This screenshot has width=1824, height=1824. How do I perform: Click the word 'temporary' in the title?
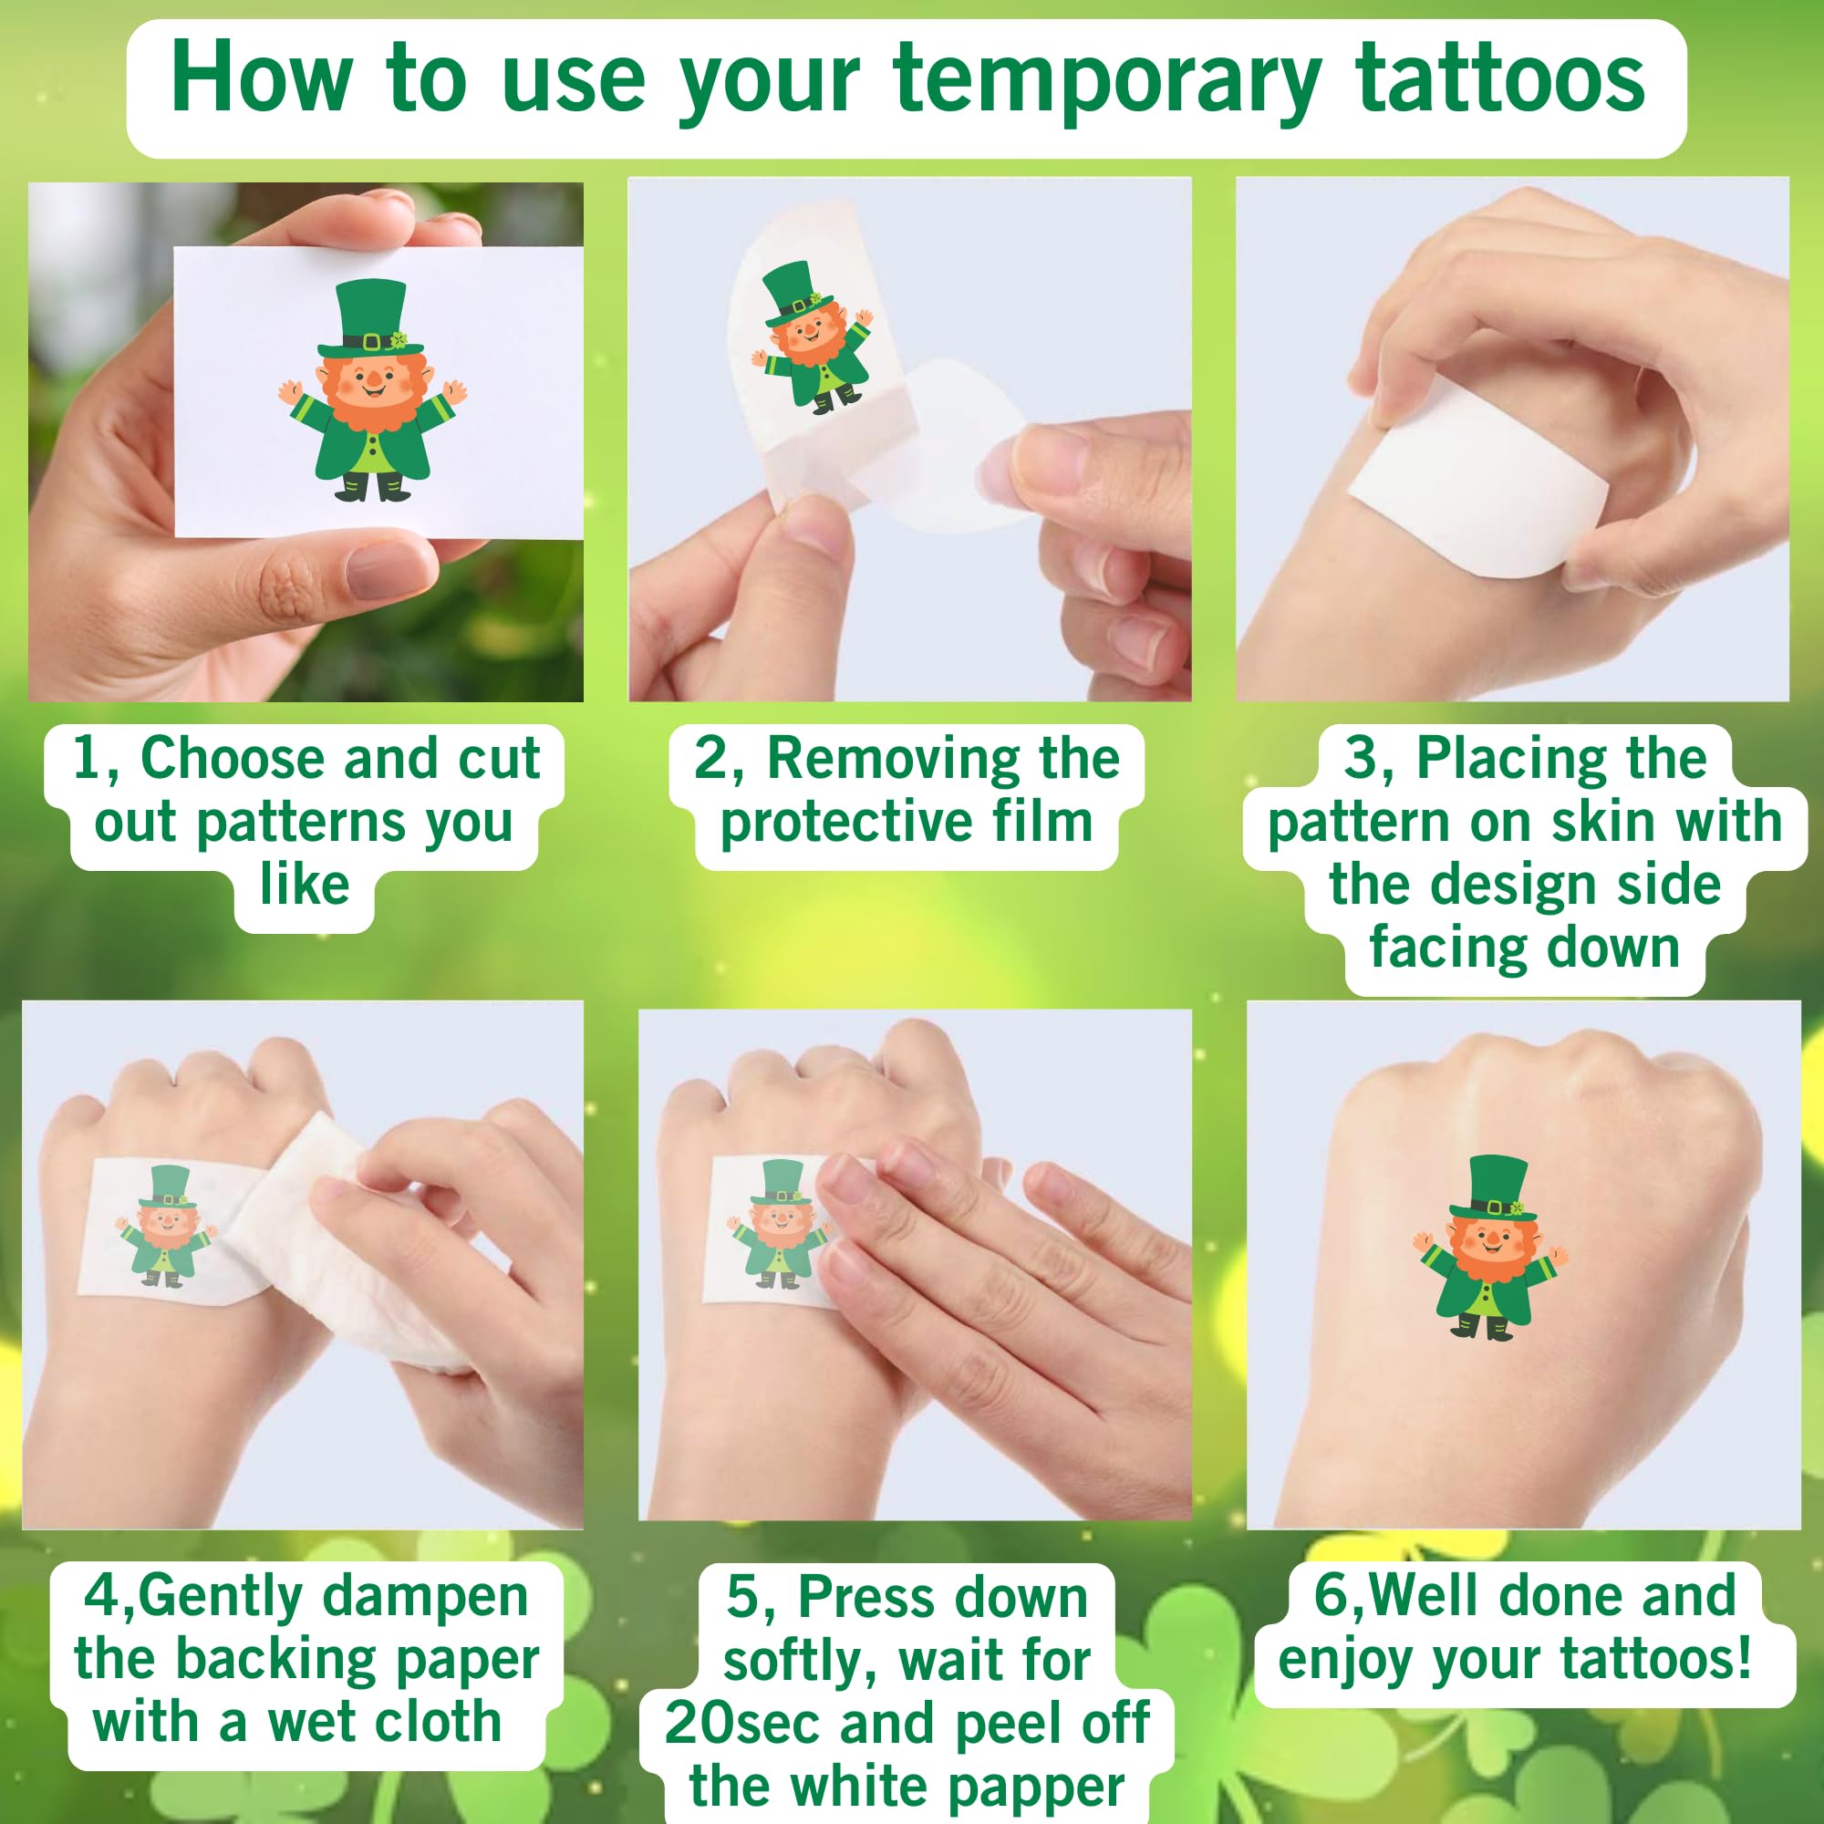coord(1105,80)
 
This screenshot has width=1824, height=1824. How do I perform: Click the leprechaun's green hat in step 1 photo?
coord(371,316)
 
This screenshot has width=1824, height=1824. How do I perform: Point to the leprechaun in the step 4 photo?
coord(166,1228)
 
